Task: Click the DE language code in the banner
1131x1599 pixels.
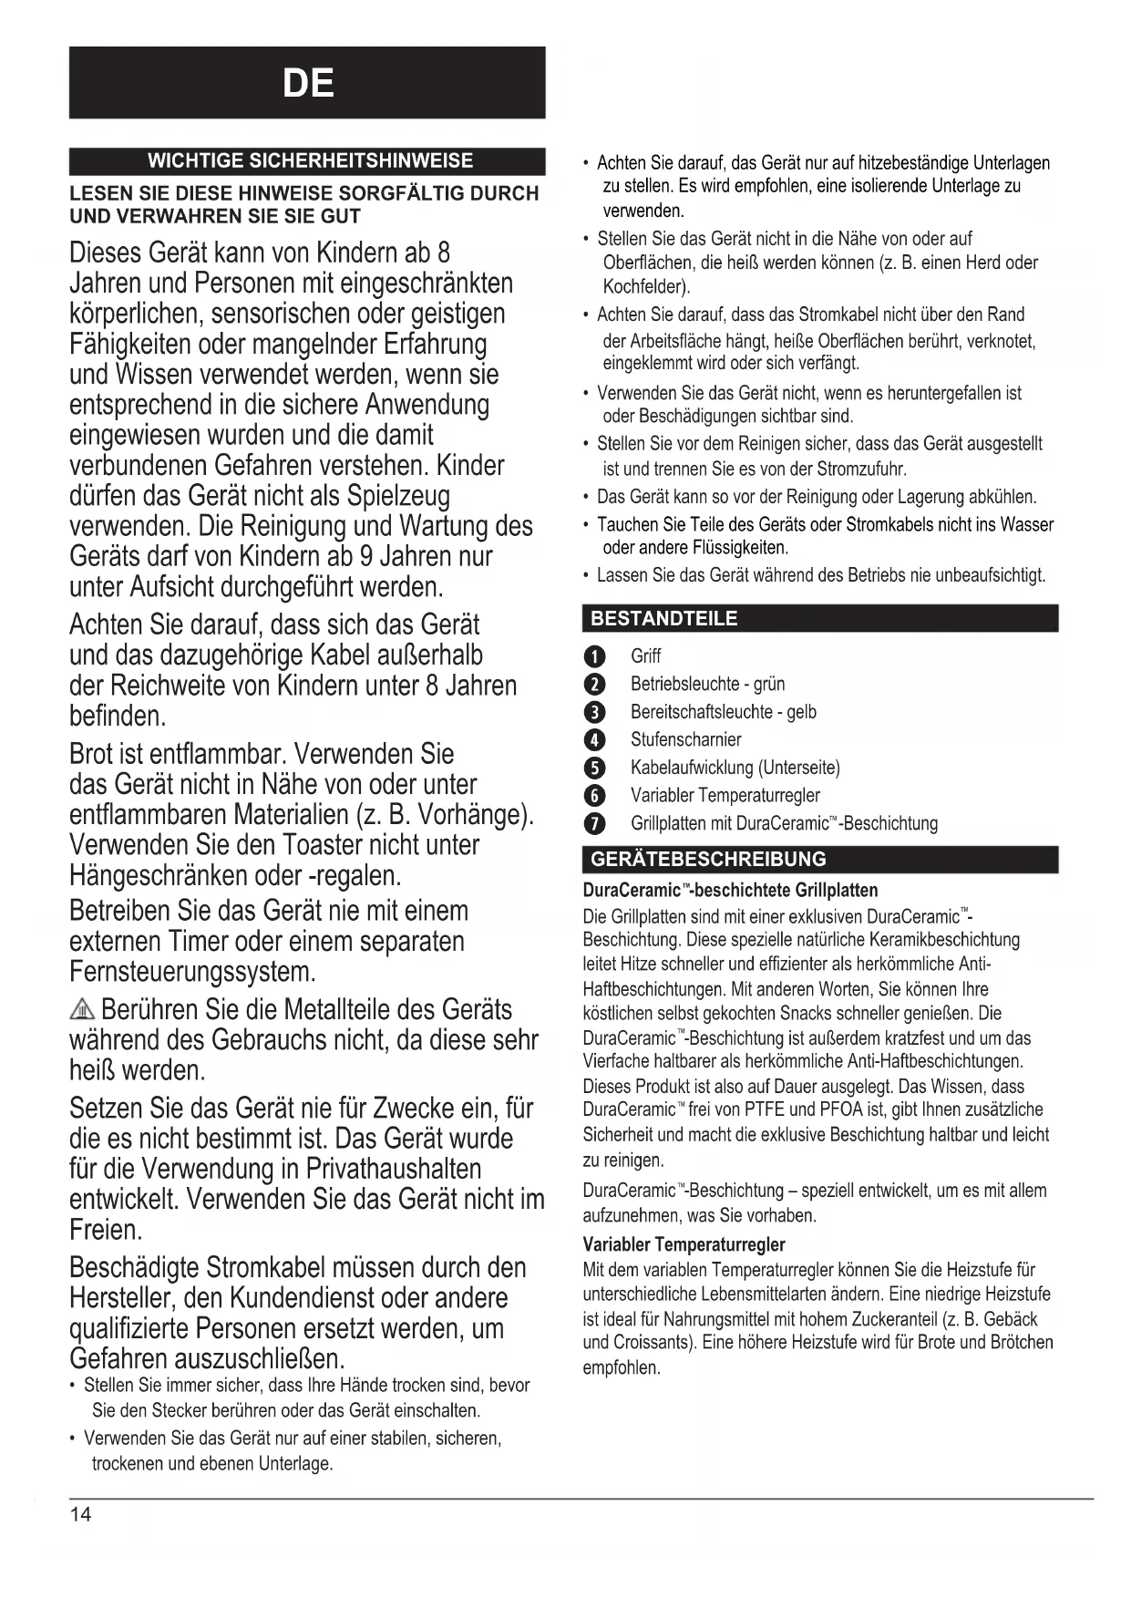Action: (x=308, y=84)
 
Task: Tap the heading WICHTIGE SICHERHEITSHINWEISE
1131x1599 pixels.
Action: (x=310, y=161)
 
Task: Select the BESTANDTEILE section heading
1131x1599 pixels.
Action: (x=663, y=618)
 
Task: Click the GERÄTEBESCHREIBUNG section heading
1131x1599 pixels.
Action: (x=708, y=859)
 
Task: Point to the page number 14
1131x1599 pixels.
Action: (x=80, y=1514)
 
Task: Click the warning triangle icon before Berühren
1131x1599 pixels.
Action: (x=82, y=1010)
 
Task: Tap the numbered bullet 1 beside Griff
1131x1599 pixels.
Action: (x=594, y=657)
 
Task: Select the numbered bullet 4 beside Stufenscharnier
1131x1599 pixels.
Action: (x=594, y=740)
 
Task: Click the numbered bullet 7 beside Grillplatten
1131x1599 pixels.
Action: (x=594, y=824)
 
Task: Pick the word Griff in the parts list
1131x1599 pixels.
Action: (x=645, y=656)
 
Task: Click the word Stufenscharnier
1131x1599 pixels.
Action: (x=685, y=739)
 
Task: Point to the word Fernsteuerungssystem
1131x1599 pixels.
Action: (x=192, y=972)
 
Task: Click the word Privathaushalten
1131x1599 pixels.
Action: (x=393, y=1169)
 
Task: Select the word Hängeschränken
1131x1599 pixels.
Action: (x=159, y=875)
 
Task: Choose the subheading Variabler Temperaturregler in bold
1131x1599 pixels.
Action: (x=684, y=1244)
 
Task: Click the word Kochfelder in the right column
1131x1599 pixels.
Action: (x=645, y=286)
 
